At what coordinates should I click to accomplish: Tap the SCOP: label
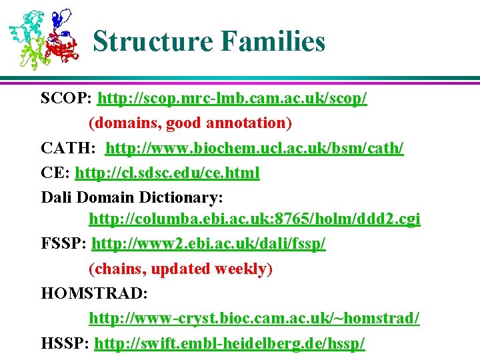coord(67,99)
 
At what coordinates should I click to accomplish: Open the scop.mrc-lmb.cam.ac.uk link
coord(232,99)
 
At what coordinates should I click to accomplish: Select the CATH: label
coord(69,148)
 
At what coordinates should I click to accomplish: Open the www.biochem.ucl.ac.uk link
coord(255,148)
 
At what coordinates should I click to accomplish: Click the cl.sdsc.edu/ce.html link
coord(167,173)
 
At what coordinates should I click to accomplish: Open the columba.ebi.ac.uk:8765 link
coord(255,220)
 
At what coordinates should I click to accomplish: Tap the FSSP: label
coord(64,245)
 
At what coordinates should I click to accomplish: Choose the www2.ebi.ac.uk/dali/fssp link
coord(209,245)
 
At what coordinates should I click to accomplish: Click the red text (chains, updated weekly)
coord(181,269)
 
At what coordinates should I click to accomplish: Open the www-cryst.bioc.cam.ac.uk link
coord(254,318)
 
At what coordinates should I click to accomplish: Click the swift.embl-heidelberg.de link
coord(230,343)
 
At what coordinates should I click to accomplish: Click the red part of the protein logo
coord(63,48)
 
